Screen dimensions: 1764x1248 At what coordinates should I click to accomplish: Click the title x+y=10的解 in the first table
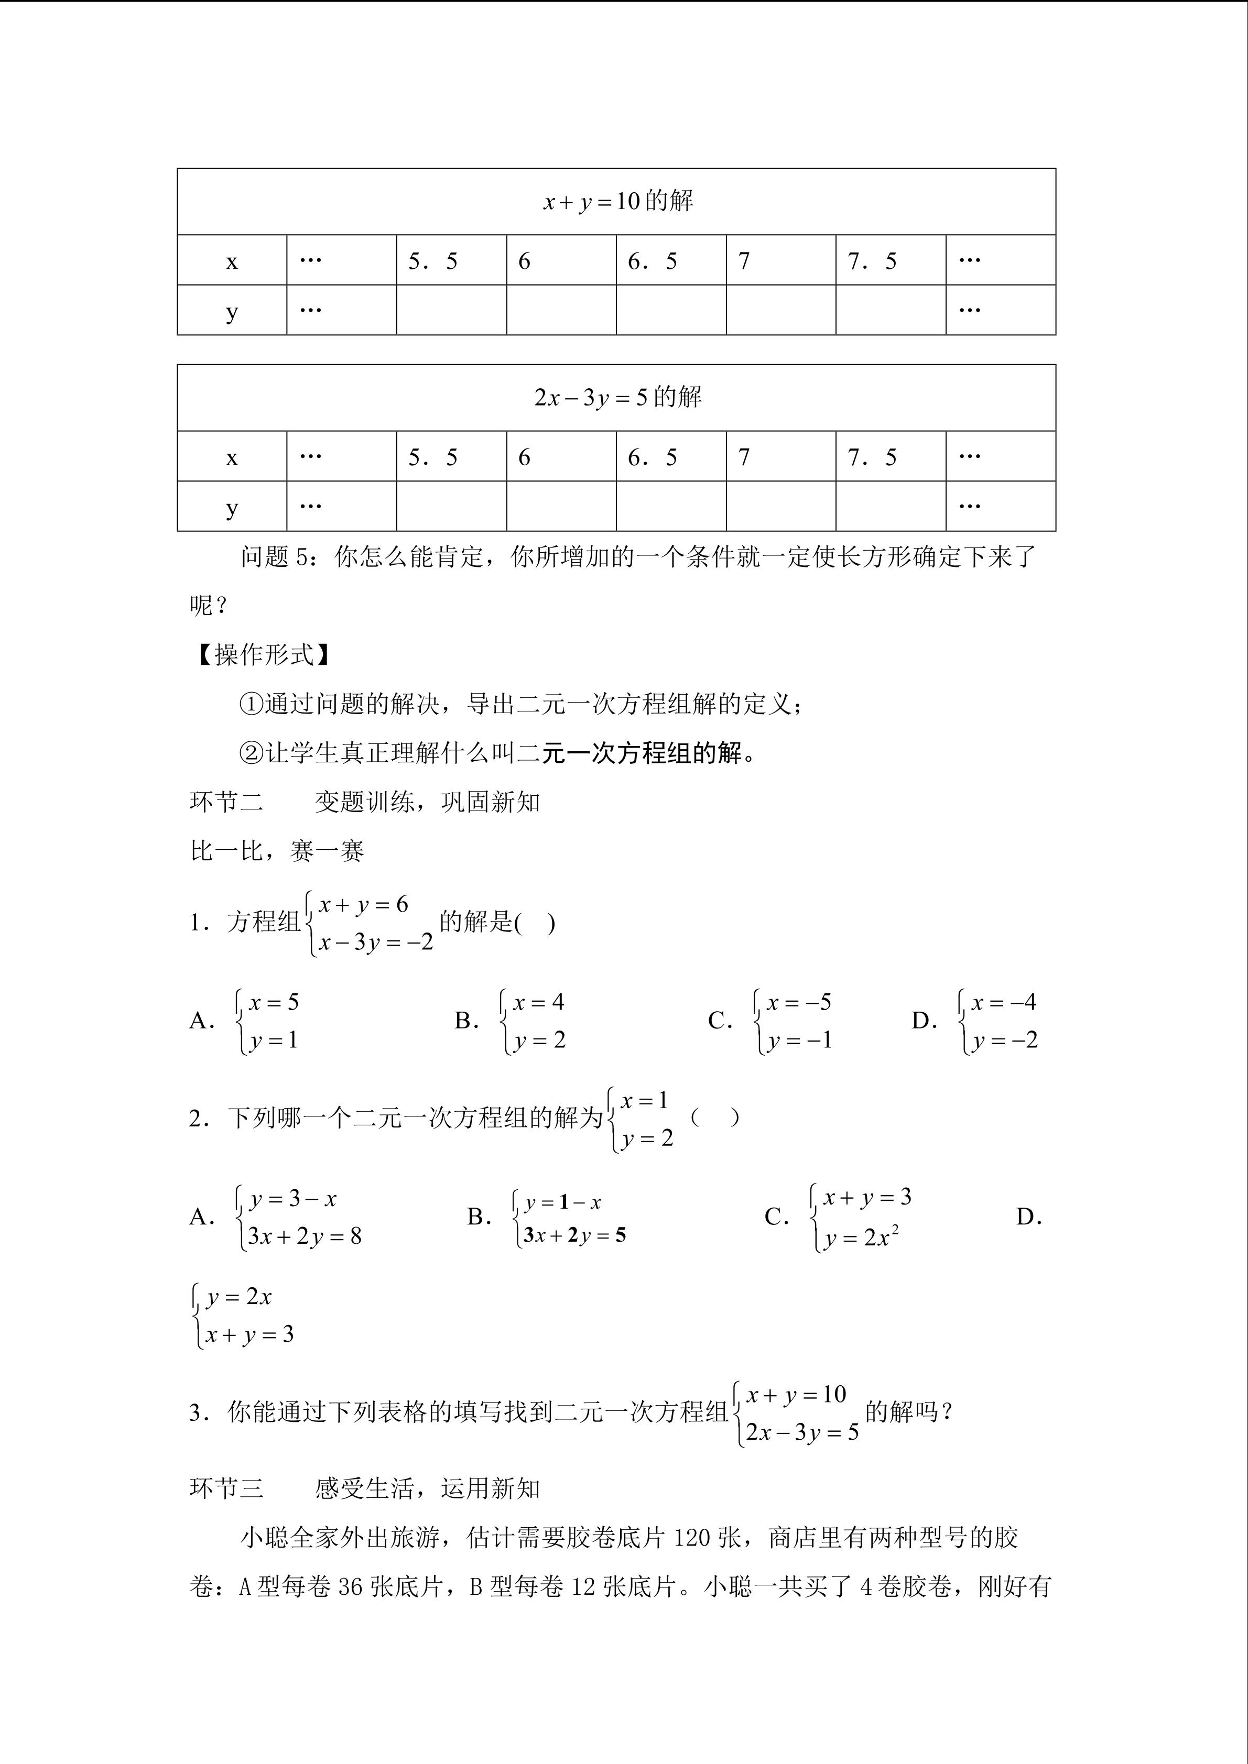(618, 201)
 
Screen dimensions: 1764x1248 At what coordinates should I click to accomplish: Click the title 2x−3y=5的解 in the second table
(618, 397)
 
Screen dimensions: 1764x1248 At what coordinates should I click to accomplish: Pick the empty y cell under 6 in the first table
(561, 310)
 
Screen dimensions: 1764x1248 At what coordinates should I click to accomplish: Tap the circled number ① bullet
(251, 704)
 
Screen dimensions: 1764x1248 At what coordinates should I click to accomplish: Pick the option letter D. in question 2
(1028, 1217)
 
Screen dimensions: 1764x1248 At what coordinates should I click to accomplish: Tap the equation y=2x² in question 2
(861, 1237)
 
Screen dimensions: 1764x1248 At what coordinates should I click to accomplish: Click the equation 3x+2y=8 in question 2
(305, 1236)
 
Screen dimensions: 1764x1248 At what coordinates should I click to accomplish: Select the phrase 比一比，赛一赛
(277, 851)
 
